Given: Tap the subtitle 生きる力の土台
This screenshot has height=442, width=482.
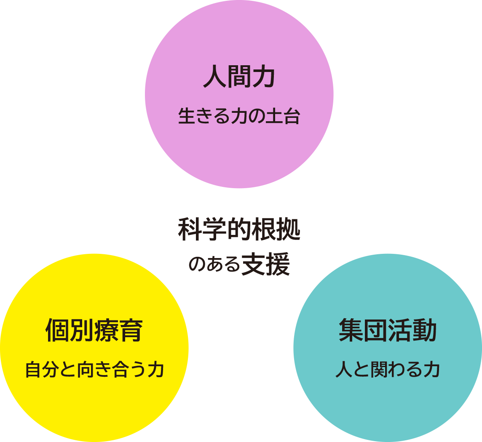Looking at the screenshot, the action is [239, 117].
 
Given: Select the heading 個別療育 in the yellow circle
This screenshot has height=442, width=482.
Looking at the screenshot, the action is [94, 331].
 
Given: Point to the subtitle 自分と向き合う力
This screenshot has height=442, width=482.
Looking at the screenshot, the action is [94, 370].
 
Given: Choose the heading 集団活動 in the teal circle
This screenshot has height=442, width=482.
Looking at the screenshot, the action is [388, 331].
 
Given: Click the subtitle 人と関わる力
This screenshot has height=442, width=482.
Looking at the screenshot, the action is [388, 370].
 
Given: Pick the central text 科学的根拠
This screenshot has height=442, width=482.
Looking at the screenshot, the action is [239, 229].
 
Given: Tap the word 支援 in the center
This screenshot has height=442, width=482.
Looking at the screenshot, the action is [265, 265].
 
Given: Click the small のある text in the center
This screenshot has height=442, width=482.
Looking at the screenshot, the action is [214, 266].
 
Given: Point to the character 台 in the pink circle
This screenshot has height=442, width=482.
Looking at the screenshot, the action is [292, 117].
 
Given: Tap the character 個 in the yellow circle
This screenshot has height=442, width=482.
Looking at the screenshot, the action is [57, 331].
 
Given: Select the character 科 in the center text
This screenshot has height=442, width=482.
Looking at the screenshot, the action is [190, 229].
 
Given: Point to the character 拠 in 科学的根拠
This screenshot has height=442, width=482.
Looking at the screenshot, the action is [288, 229].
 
